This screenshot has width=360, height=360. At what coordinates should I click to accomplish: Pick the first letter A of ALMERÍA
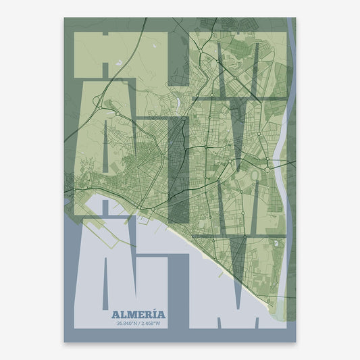[x=115, y=315]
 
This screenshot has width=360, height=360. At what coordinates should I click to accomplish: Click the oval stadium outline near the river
[x=257, y=176]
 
